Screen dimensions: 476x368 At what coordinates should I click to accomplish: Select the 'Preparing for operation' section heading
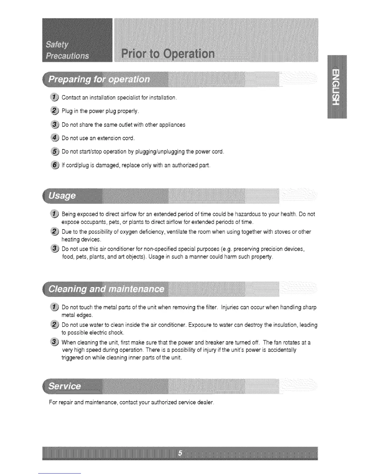point(99,79)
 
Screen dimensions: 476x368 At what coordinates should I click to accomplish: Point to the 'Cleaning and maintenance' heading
point(107,289)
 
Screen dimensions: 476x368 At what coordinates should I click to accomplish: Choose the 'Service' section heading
point(65,386)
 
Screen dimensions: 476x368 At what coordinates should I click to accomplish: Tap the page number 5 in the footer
point(180,453)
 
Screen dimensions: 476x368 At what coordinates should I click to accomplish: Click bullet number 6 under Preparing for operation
point(55,165)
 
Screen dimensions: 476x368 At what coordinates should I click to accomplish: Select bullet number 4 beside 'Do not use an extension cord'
point(55,138)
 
